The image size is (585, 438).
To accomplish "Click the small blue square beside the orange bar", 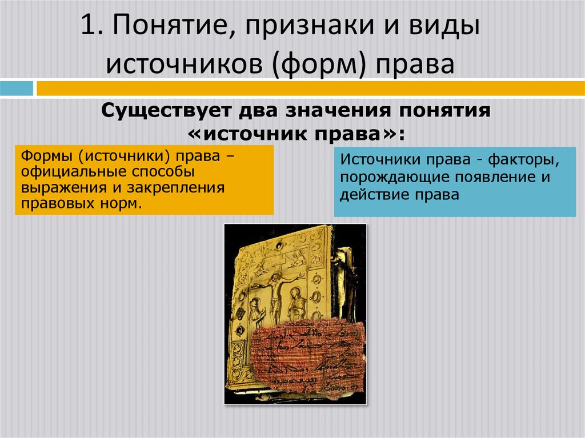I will pos(17,89).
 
